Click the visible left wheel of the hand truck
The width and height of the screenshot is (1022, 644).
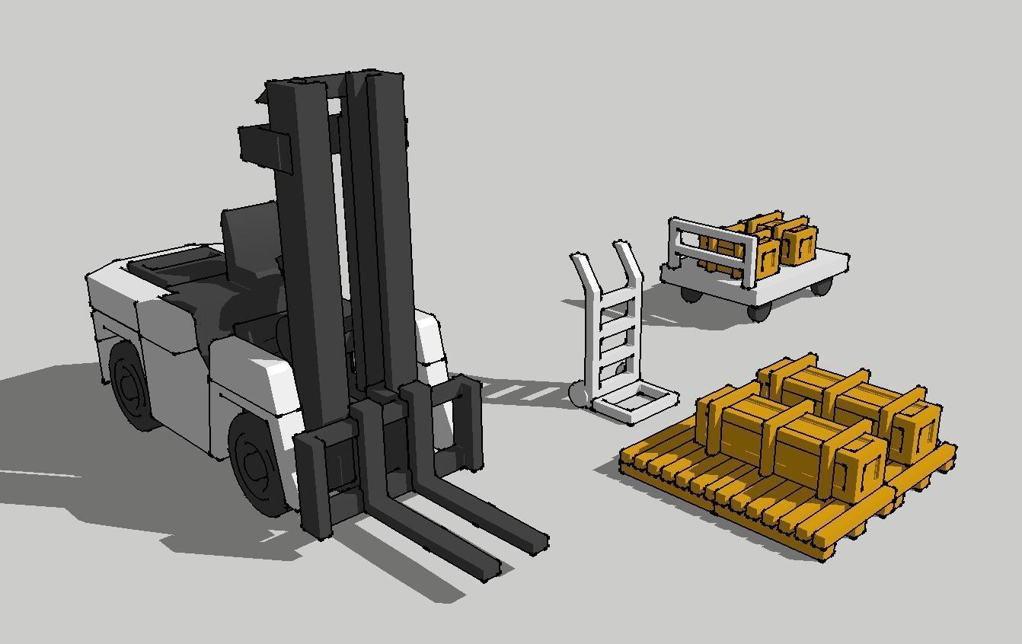[578, 394]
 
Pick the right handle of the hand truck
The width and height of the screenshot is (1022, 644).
[626, 259]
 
